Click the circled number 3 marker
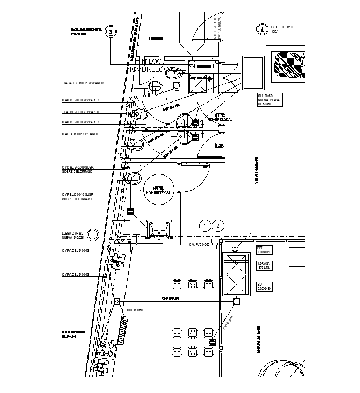click(111, 31)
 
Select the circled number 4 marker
click(262, 30)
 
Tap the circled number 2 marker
click(217, 225)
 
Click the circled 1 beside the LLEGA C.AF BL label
click(93, 235)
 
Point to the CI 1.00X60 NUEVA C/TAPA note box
click(270, 99)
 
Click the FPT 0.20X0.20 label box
click(265, 250)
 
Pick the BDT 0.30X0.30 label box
click(266, 286)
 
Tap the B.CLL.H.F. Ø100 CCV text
click(283, 29)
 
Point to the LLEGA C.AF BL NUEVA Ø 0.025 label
click(74, 235)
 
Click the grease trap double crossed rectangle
click(235, 275)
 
